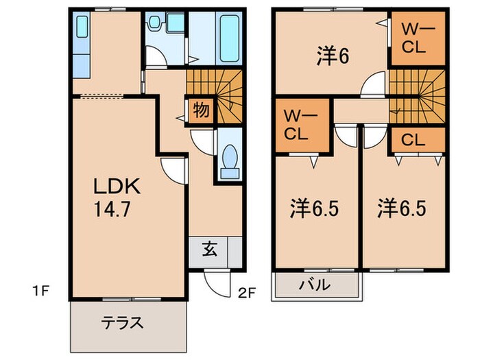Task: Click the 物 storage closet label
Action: point(201,110)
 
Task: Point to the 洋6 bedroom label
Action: point(333,56)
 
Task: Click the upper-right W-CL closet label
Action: point(416,39)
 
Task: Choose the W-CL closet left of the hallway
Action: point(300,123)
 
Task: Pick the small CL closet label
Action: point(414,141)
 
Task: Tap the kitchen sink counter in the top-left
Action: point(82,48)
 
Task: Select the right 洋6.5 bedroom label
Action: point(401,208)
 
